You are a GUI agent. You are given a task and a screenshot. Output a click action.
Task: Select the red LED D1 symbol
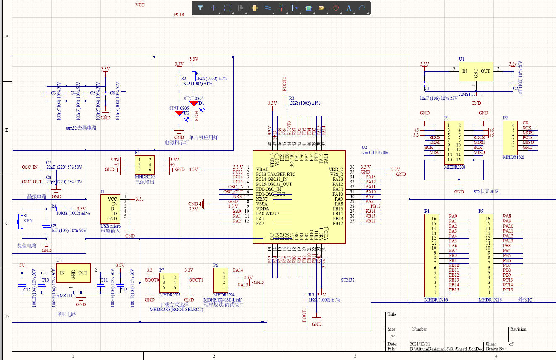pos(194,103)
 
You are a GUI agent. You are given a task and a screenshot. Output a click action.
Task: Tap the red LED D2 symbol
pos(179,113)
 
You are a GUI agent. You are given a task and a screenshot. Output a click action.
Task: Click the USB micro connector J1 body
pos(112,209)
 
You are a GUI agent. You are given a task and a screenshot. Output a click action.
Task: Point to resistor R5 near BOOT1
pos(306,297)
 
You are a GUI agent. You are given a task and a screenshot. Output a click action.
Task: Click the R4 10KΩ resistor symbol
pos(61,209)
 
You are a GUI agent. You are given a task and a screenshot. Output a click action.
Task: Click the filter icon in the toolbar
pos(200,8)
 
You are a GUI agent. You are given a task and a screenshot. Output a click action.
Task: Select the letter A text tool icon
pos(348,8)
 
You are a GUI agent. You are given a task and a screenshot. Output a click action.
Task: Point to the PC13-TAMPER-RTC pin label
pos(275,174)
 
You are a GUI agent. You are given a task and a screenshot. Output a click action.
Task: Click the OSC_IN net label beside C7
pos(30,167)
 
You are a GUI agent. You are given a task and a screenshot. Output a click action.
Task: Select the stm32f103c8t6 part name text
pos(375,153)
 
